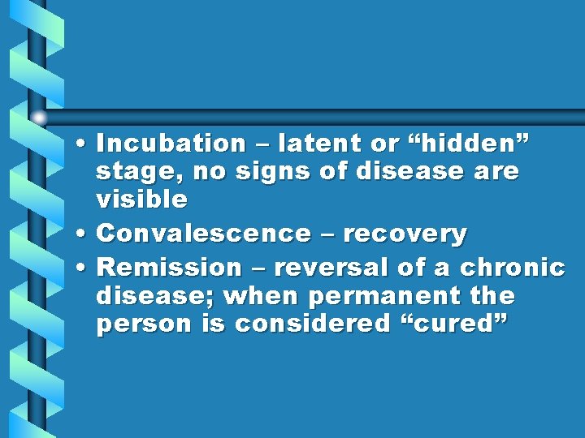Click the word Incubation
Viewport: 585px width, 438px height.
(x=171, y=144)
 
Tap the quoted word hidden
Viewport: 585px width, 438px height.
(x=463, y=144)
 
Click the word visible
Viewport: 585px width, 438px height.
(x=141, y=200)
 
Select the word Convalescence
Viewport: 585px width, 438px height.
(x=203, y=234)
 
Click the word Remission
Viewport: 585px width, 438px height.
(x=169, y=268)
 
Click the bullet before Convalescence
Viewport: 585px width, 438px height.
(x=85, y=235)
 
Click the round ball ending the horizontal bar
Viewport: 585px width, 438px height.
(x=40, y=118)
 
